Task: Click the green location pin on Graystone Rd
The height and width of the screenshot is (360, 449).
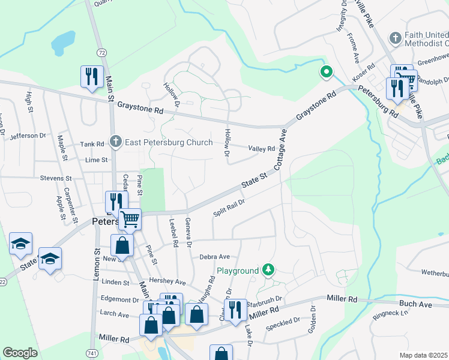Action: [x=326, y=73]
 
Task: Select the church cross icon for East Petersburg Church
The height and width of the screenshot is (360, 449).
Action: [x=115, y=142]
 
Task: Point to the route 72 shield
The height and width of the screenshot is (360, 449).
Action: [x=102, y=53]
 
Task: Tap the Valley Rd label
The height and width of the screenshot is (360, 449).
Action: [x=262, y=149]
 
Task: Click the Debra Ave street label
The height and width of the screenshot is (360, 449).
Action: [x=215, y=256]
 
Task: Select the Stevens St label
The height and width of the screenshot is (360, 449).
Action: [x=55, y=178]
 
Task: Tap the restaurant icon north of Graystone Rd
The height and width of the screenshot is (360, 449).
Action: [x=92, y=76]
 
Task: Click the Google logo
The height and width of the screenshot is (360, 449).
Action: [x=20, y=353]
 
